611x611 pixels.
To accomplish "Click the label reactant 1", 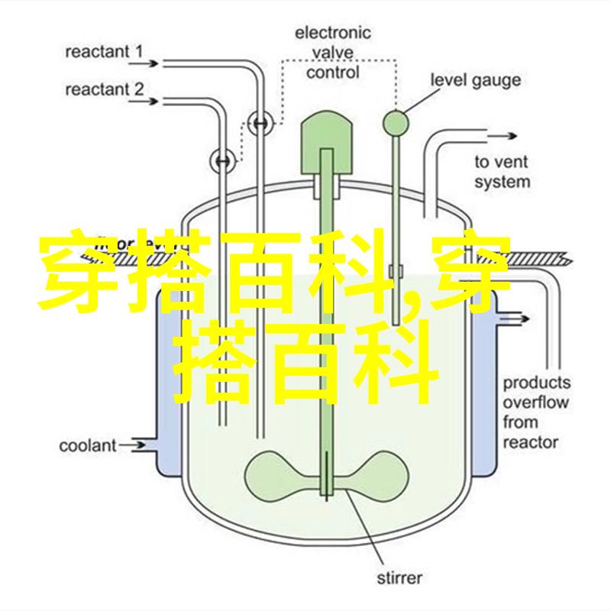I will point(103,53).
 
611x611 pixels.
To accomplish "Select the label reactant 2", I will point(103,89).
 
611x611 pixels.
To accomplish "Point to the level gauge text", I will point(475,79).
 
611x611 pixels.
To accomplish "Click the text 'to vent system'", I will point(502,172).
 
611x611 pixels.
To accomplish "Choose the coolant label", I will point(88,445).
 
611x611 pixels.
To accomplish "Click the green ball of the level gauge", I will point(396,119).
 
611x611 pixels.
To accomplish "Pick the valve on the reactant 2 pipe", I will point(222,160).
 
